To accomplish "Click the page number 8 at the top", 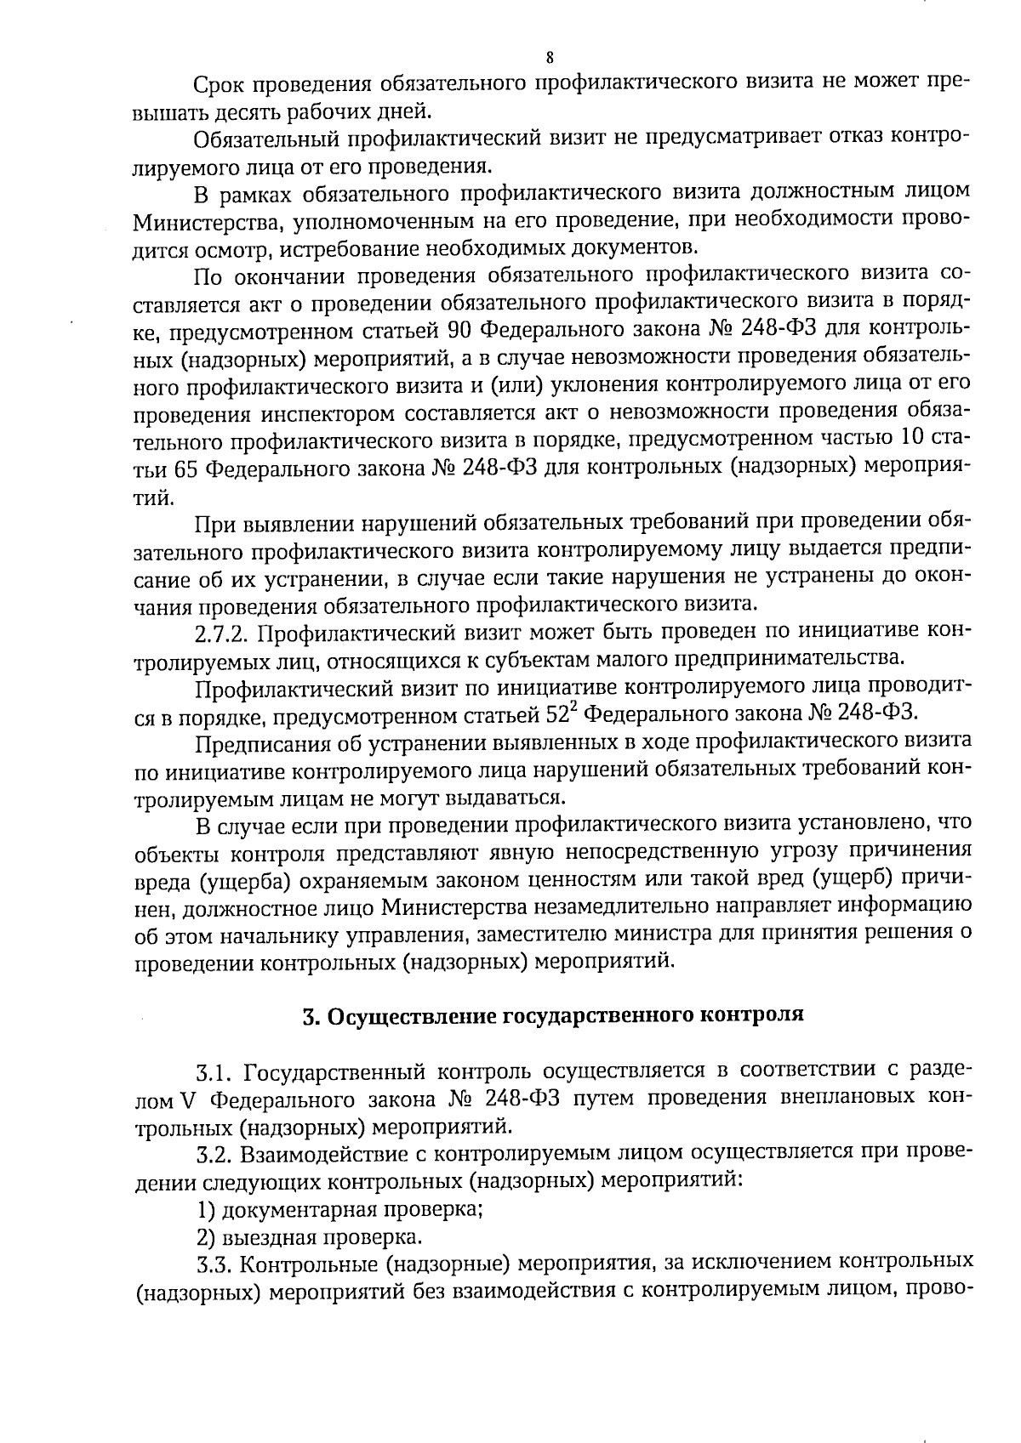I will click(x=549, y=58).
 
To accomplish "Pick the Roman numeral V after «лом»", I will click(x=189, y=1099).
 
